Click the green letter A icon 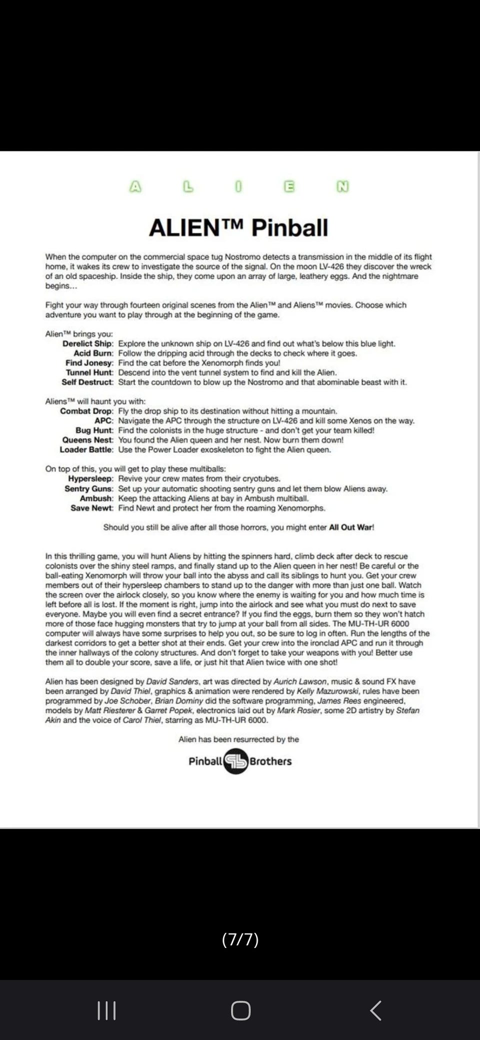[x=135, y=186]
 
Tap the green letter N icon [x=342, y=186]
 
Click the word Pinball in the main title [x=289, y=228]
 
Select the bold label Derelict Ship [x=87, y=343]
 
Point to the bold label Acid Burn [x=93, y=353]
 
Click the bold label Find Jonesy [x=89, y=363]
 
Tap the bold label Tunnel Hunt [x=89, y=372]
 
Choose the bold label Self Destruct [x=87, y=382]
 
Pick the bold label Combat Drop [x=86, y=411]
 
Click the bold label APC [x=103, y=420]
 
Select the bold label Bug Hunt [x=94, y=430]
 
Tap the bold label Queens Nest [x=87, y=440]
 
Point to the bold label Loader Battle [x=86, y=449]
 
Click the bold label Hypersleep [x=90, y=478]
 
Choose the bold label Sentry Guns [x=88, y=488]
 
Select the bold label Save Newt [x=91, y=508]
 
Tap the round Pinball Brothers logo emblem [x=236, y=761]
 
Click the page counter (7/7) [x=240, y=939]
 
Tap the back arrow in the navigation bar [x=375, y=1010]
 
